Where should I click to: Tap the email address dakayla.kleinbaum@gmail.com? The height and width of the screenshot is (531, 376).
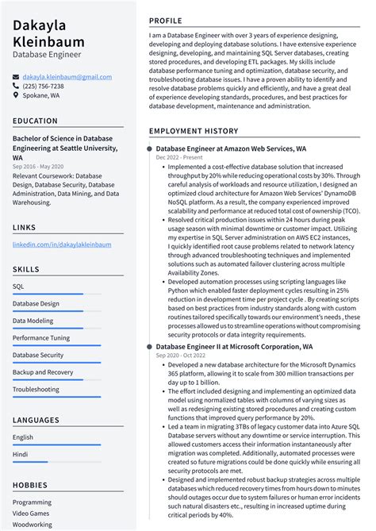[x=67, y=77]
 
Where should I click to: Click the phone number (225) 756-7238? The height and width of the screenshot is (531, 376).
[x=43, y=86]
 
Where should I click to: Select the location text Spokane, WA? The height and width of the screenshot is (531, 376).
[x=40, y=95]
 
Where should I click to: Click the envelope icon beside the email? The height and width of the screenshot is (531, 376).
[x=16, y=77]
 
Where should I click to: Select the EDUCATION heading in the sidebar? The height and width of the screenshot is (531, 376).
[x=35, y=121]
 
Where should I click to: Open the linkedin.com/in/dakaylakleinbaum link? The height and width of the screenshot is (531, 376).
[x=62, y=244]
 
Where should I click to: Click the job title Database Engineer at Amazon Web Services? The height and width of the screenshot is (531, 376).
[x=231, y=148]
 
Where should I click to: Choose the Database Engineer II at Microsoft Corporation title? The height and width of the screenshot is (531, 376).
[x=234, y=347]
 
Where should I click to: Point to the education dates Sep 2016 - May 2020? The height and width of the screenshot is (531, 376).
[x=38, y=167]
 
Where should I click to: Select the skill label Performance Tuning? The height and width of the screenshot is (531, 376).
[x=41, y=338]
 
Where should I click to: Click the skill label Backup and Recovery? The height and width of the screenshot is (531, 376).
[x=43, y=372]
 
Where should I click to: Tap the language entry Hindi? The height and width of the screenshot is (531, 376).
[x=21, y=454]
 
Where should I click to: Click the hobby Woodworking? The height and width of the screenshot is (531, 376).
[x=33, y=525]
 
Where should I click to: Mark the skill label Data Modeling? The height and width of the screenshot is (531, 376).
[x=34, y=321]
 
